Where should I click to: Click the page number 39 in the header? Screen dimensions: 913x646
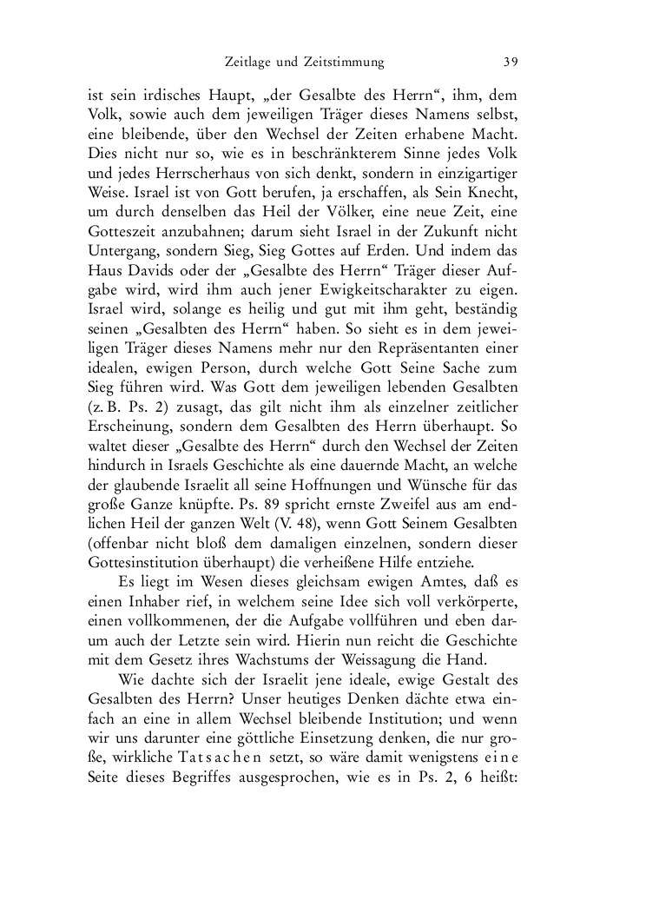point(511,63)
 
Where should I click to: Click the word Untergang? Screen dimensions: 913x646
point(122,255)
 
